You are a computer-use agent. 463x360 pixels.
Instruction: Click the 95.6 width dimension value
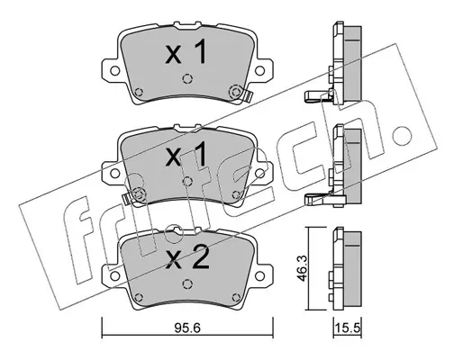(x=186, y=328)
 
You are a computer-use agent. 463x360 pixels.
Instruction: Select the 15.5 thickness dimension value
(x=348, y=328)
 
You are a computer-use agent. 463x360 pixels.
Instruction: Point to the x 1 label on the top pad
(x=186, y=53)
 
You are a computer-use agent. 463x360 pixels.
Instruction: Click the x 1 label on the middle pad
(x=186, y=155)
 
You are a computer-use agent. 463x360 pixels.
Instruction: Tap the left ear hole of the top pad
(x=114, y=71)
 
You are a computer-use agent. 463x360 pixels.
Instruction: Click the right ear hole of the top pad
(x=259, y=71)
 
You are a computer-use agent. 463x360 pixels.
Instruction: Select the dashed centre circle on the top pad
(x=186, y=78)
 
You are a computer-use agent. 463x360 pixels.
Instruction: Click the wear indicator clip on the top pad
(x=248, y=96)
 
